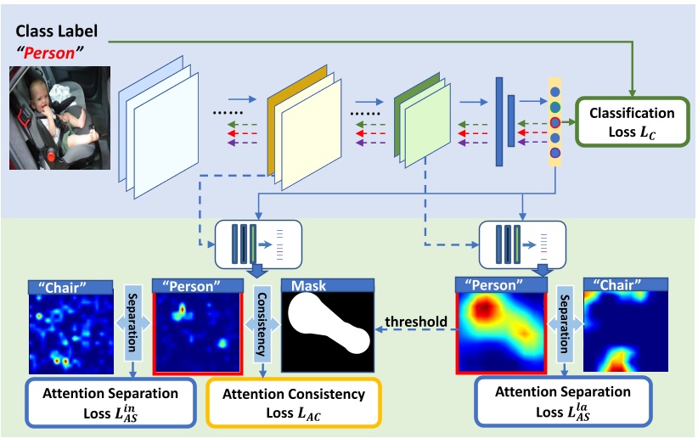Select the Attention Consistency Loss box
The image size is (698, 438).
[292, 404]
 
